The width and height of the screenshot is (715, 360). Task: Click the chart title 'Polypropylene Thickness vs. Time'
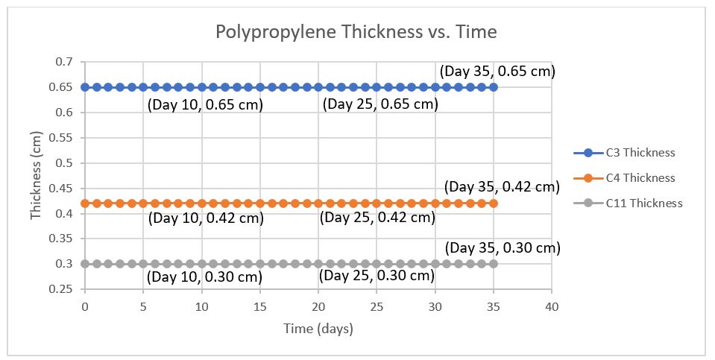[x=356, y=32]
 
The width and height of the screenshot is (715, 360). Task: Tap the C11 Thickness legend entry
[x=643, y=203]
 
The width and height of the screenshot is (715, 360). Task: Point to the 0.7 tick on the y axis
[x=68, y=62]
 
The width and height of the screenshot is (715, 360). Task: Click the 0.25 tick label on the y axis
[x=65, y=289]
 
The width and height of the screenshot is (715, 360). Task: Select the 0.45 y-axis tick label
[x=65, y=189]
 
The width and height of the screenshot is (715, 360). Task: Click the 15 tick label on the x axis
[x=260, y=307]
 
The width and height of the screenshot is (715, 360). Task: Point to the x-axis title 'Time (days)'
[x=318, y=329]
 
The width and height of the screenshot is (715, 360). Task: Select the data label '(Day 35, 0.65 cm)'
[x=497, y=72]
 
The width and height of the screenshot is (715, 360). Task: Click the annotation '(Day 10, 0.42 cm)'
[x=207, y=219]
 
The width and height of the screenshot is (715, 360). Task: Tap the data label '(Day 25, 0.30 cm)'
[x=377, y=276]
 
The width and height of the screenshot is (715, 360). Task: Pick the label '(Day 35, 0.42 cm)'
[x=501, y=187]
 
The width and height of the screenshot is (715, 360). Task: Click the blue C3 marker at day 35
[x=493, y=87]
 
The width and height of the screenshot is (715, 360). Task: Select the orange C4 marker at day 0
[x=85, y=203]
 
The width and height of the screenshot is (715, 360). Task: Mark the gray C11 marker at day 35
[x=493, y=264]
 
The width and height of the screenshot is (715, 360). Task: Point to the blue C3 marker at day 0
[x=85, y=87]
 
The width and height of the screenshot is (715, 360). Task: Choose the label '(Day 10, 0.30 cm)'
[x=205, y=277]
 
